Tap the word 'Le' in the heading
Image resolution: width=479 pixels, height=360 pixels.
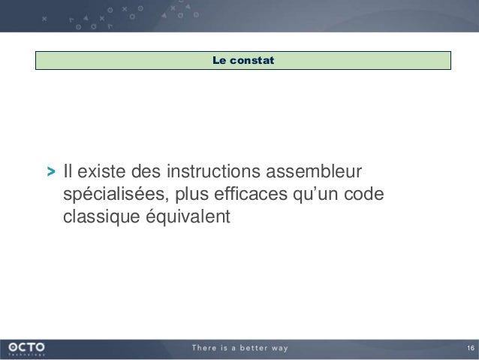coord(219,60)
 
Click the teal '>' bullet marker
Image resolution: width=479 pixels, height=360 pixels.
coord(50,171)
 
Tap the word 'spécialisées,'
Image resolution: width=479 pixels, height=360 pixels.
coord(116,195)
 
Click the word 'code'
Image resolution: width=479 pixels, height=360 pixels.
coord(366,195)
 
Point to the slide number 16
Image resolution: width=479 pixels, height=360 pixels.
coord(470,348)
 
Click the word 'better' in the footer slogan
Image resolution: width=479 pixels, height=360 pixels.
coord(250,348)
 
